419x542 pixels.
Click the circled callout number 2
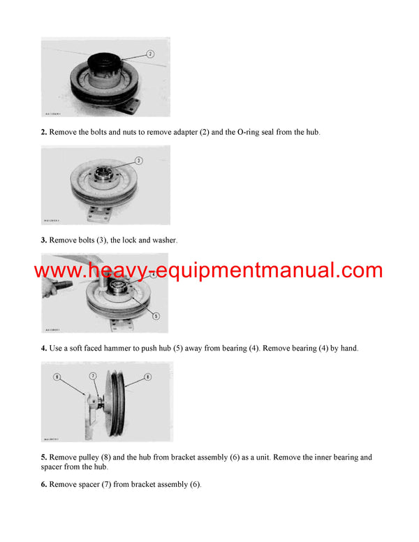point(150,54)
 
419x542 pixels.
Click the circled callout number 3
point(139,161)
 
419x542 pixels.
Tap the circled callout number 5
point(155,315)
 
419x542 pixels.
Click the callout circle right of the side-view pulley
point(148,377)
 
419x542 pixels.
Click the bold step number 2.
point(43,132)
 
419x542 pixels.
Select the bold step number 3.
point(43,240)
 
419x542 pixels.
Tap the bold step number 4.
point(43,348)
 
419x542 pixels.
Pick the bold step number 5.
point(43,457)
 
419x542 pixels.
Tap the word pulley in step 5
point(87,457)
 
